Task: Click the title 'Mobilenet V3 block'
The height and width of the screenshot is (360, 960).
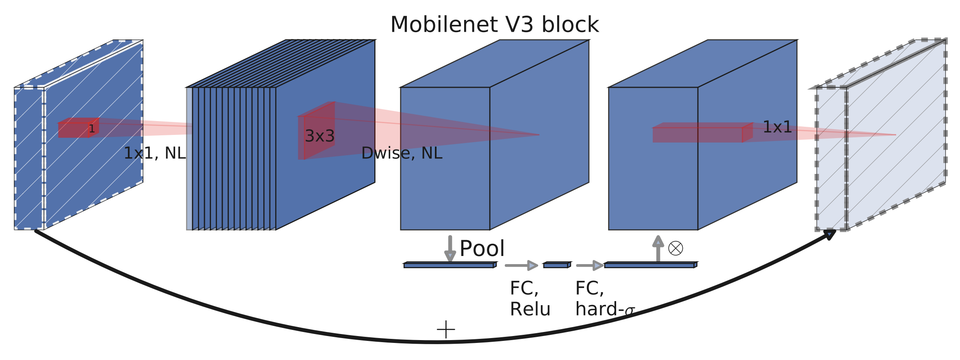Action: [494, 25]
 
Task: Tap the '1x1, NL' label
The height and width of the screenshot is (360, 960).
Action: [154, 153]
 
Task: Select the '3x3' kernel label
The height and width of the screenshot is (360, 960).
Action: [319, 136]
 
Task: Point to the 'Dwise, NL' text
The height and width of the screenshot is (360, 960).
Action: [402, 153]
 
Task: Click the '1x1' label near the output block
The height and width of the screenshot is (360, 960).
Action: [777, 127]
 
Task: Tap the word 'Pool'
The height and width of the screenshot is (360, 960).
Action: [482, 248]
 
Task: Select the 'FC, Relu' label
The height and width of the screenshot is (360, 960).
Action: [530, 299]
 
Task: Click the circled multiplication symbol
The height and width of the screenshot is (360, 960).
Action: [675, 248]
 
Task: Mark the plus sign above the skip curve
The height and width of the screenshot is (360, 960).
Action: [446, 329]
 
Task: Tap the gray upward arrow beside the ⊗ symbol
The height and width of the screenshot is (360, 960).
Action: [658, 248]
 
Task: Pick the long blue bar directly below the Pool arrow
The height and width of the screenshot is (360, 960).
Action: [449, 265]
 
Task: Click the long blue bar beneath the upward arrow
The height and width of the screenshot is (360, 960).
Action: [650, 265]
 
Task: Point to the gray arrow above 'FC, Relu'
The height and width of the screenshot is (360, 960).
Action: [521, 265]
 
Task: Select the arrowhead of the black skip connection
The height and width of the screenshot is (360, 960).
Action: [829, 234]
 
